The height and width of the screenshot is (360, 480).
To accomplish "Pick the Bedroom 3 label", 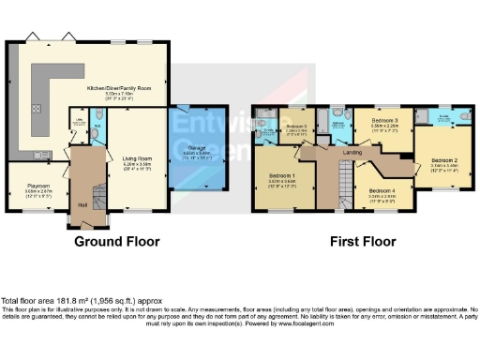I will (x=384, y=121).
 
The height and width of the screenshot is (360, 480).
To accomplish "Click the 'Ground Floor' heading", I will (x=116, y=241).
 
